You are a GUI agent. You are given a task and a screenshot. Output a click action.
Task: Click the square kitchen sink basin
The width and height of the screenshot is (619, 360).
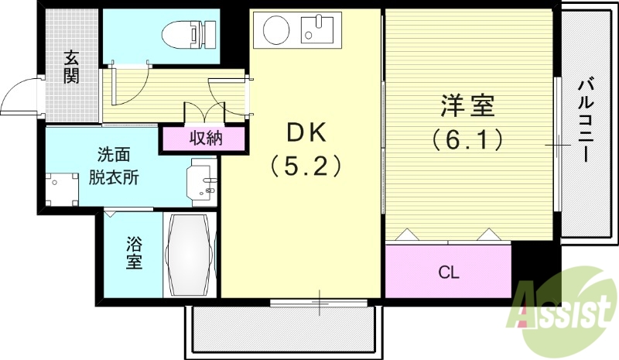[316, 31]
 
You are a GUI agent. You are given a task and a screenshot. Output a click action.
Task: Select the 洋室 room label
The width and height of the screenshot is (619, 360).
[467, 105]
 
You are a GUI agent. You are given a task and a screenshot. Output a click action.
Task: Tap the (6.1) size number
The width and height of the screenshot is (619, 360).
[467, 139]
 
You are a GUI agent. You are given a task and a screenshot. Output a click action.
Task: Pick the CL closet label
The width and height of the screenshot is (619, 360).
[449, 272]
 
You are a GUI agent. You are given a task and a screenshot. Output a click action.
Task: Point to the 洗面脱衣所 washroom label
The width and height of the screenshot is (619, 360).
[113, 166]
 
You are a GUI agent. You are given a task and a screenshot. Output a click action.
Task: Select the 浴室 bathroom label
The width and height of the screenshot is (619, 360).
[134, 253]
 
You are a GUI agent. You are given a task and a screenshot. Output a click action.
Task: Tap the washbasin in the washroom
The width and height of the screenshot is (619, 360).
[203, 180]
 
